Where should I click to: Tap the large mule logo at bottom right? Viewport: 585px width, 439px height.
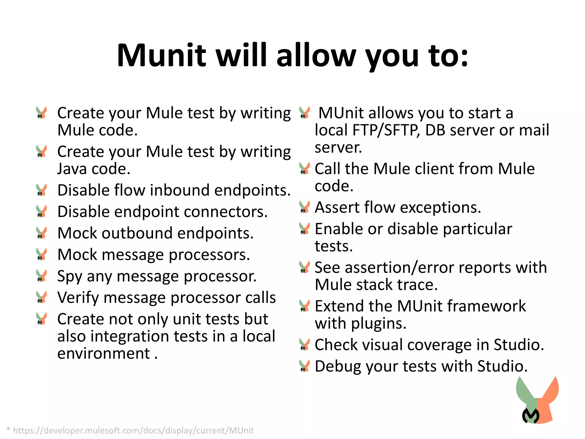[537, 400]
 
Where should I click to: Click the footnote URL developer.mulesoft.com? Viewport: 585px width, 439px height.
[133, 430]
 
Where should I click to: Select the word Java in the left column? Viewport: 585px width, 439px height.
[72, 169]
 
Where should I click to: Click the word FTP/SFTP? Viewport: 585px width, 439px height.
[386, 130]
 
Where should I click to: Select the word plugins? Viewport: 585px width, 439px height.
[378, 324]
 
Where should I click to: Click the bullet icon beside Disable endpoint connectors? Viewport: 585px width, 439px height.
[42, 211]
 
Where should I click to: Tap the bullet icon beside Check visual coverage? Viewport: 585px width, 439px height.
[304, 344]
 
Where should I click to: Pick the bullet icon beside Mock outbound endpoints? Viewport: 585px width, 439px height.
[42, 233]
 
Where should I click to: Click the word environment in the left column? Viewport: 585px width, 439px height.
[103, 354]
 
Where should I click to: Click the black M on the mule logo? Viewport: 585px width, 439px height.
[531, 416]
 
